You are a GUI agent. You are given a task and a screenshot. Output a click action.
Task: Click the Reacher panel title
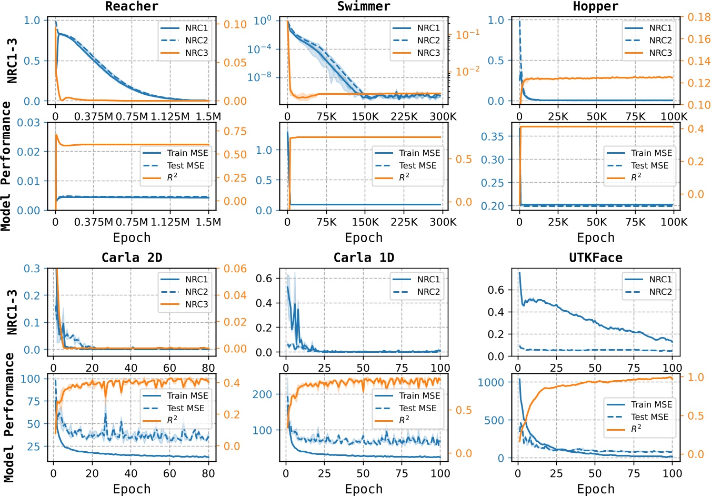tap(132, 6)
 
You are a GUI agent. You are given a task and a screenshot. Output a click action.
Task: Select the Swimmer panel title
tap(364, 6)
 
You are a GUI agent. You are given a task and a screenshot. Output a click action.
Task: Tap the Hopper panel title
tap(596, 6)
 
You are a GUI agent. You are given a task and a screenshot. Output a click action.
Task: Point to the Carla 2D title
tap(132, 257)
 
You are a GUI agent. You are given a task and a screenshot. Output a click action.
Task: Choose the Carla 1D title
tap(364, 257)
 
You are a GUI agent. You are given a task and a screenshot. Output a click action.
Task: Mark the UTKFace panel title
tap(596, 257)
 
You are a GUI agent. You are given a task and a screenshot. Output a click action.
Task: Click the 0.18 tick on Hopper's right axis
tap(699, 17)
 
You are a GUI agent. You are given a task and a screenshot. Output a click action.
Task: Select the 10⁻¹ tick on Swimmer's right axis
tap(467, 35)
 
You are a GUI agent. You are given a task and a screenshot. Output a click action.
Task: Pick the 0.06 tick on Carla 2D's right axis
tap(235, 269)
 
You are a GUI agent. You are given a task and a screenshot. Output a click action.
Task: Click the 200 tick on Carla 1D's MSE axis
tap(262, 394)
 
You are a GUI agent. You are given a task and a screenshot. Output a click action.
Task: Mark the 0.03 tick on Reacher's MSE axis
tap(28, 123)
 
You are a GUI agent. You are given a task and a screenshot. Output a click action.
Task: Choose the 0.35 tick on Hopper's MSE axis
tap(492, 136)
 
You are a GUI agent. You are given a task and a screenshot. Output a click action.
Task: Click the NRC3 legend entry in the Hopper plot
tap(660, 53)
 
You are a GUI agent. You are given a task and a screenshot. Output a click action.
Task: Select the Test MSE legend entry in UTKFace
tap(649, 416)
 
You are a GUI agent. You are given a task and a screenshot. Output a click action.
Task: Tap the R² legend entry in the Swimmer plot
tap(404, 177)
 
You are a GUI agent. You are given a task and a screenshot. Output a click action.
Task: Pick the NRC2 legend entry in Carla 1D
tap(428, 292)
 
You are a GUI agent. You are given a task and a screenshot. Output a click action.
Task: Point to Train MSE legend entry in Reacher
tap(187, 153)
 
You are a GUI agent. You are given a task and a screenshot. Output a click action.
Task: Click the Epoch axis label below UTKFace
tap(596, 489)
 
